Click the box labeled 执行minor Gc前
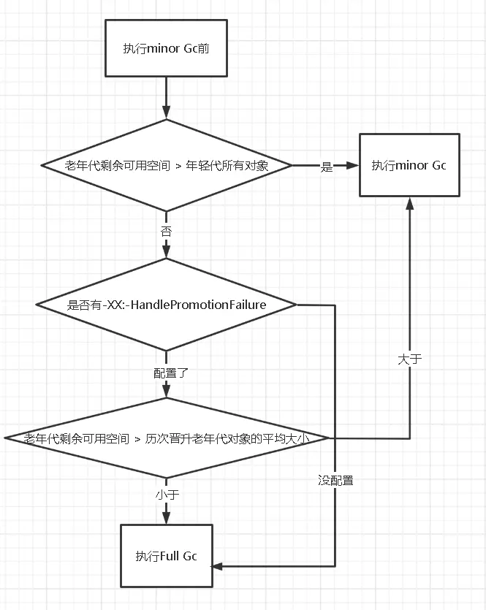pyautogui.click(x=167, y=48)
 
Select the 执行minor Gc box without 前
pyautogui.click(x=409, y=165)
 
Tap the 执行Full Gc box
pyautogui.click(x=167, y=556)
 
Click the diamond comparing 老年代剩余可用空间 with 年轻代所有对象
pyautogui.click(x=167, y=166)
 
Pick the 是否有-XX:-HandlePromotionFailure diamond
pyautogui.click(x=167, y=305)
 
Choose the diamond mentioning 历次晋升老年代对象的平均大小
pyautogui.click(x=167, y=438)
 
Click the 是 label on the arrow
pyautogui.click(x=326, y=167)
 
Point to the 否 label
pyautogui.click(x=167, y=232)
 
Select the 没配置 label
pyautogui.click(x=335, y=481)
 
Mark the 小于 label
pyautogui.click(x=167, y=495)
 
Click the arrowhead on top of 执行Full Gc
pyautogui.click(x=167, y=518)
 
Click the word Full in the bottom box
pyautogui.click(x=170, y=557)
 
